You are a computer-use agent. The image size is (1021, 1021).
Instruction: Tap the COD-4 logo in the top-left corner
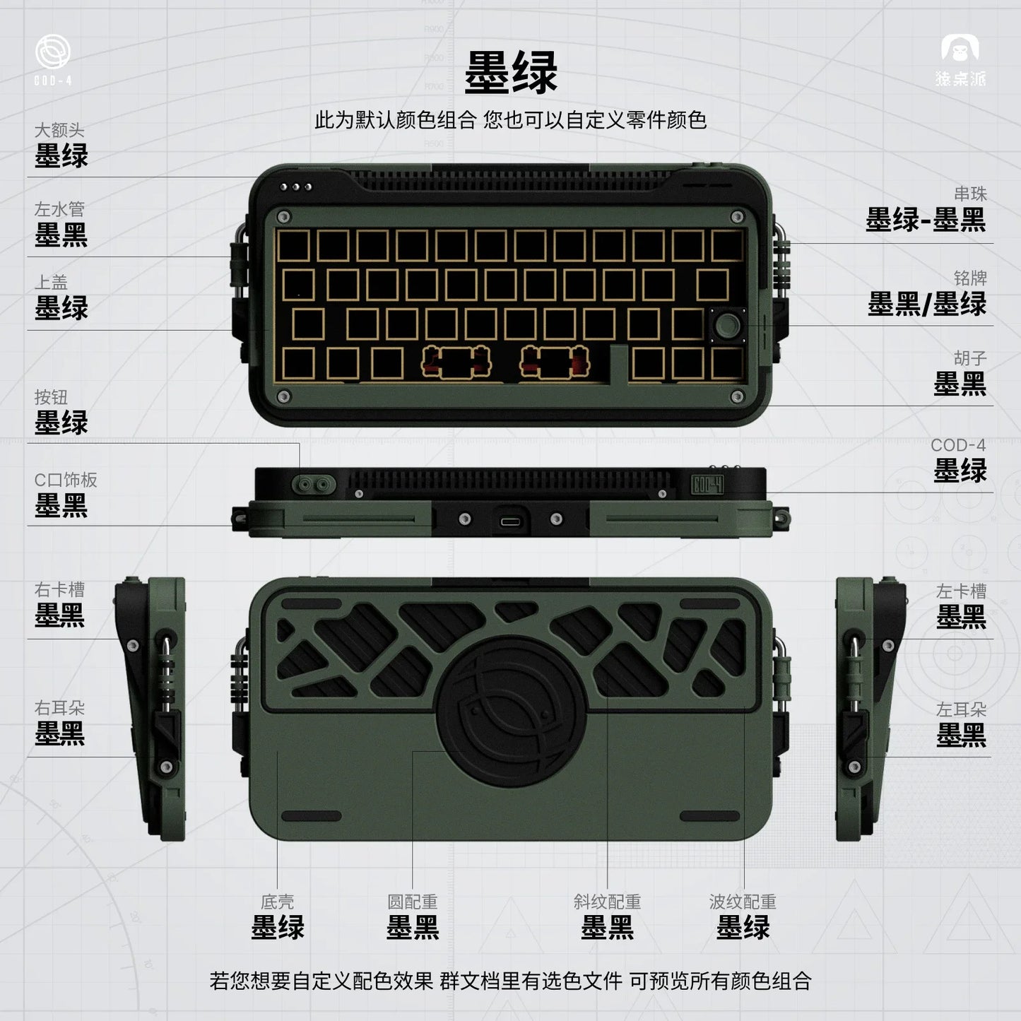53,60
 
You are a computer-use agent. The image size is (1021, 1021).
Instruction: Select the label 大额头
59,130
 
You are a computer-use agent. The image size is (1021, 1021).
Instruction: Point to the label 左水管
59,209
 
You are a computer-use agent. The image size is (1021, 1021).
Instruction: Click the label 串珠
969,194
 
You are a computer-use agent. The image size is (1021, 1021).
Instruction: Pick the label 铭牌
969,278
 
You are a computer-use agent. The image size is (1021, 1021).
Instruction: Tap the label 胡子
969,358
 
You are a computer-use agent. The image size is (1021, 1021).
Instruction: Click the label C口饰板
66,480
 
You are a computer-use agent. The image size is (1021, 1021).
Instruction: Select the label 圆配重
412,902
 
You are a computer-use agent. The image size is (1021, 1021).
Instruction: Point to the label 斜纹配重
607,902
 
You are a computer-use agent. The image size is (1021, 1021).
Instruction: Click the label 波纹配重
743,902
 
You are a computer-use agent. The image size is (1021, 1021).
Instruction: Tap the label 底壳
277,902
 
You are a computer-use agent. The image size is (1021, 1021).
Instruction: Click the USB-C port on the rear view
510,521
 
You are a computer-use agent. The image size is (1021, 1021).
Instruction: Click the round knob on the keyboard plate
728,326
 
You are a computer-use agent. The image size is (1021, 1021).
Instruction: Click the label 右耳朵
59,707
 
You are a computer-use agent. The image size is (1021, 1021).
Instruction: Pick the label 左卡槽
960,591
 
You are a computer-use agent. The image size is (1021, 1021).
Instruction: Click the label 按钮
51,397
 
